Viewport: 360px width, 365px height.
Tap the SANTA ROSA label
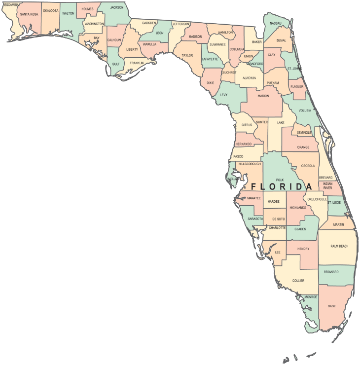click(x=29, y=14)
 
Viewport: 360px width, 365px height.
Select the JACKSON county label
click(x=117, y=8)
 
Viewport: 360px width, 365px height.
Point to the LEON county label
click(x=159, y=33)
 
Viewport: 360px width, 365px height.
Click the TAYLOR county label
click(x=187, y=56)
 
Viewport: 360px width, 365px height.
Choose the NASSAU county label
click(x=276, y=23)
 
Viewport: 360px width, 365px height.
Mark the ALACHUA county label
click(x=249, y=77)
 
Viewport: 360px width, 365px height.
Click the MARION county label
click(x=263, y=96)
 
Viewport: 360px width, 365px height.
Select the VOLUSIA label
click(x=305, y=110)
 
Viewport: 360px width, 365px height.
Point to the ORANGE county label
click(x=303, y=147)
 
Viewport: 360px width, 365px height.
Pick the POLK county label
click(x=280, y=180)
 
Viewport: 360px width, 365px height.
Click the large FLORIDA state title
click(x=282, y=187)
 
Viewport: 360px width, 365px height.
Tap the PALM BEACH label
click(x=339, y=246)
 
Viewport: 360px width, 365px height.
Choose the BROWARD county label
click(x=331, y=272)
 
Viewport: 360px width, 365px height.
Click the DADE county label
click(x=332, y=306)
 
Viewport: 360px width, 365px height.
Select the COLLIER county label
click(x=298, y=281)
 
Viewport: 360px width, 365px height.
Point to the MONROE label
click(x=311, y=297)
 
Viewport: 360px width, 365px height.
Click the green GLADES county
click(x=300, y=228)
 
